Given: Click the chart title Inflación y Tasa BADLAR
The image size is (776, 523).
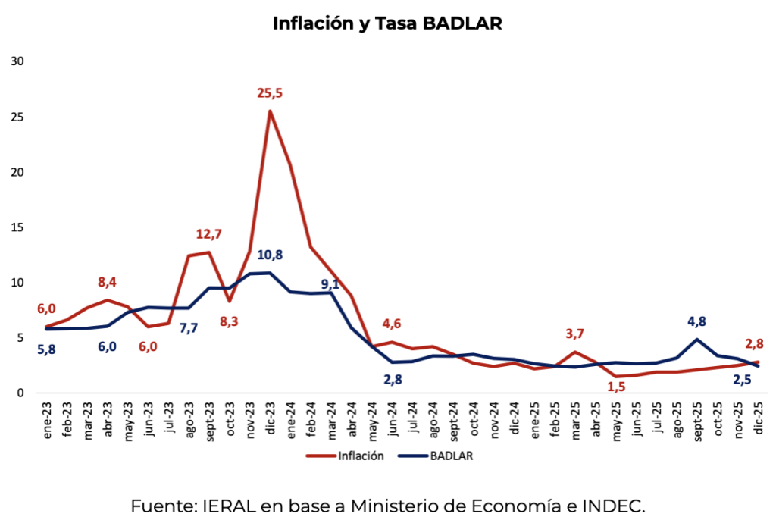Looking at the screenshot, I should [x=387, y=23].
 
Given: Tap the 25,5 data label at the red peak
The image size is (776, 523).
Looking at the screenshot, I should [x=269, y=94].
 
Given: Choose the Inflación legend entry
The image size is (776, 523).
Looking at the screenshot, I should [x=345, y=456].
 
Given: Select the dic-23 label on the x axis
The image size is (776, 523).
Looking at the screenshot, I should [x=269, y=418].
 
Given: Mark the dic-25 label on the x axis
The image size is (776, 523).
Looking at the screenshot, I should [x=757, y=418].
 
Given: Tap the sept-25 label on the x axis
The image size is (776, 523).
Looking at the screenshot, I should [x=696, y=419].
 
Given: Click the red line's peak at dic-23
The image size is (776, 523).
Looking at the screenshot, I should [x=270, y=111].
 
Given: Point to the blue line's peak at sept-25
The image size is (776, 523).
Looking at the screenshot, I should [x=696, y=340].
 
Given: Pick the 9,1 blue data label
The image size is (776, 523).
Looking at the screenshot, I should [x=331, y=286].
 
